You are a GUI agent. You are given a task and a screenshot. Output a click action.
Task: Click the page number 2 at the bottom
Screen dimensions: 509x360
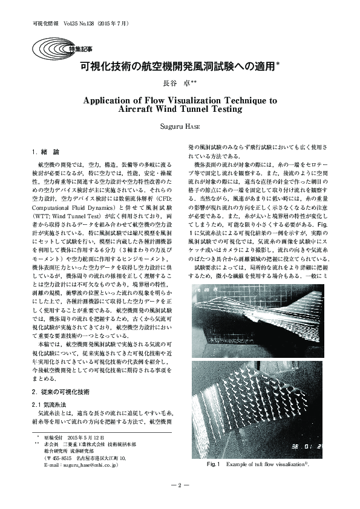180,485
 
